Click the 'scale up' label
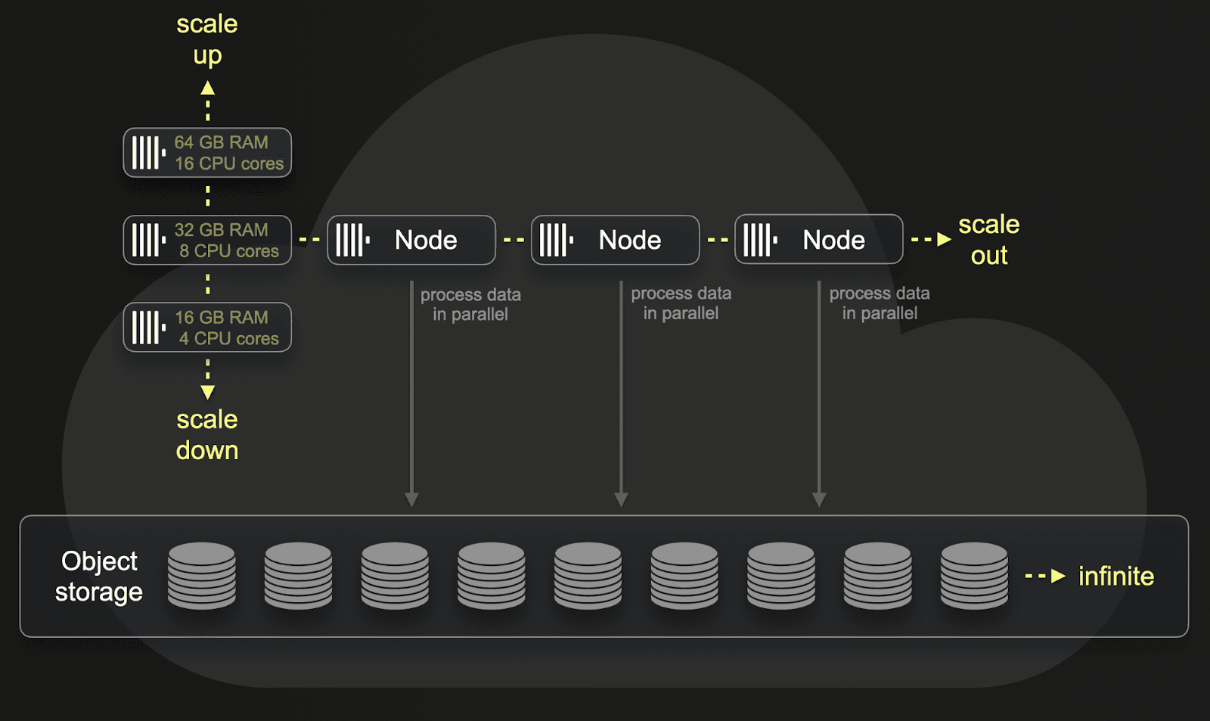point(207,39)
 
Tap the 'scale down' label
point(207,435)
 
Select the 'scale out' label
point(988,240)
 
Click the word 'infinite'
point(1115,576)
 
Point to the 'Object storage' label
point(99,576)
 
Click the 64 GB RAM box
point(207,153)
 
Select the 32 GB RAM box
point(207,241)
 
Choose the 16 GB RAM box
point(207,328)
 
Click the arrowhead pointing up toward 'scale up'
point(207,89)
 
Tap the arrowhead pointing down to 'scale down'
point(207,392)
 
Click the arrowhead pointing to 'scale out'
point(944,240)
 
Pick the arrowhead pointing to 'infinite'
point(1058,576)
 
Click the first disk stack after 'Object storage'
point(201,576)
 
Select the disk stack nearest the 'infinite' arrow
point(974,576)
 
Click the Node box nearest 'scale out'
point(818,240)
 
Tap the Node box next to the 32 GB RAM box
point(411,241)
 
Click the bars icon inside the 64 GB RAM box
point(148,153)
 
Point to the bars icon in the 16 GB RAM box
point(148,328)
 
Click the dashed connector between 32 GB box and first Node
point(309,240)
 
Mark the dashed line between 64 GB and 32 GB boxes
point(207,196)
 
